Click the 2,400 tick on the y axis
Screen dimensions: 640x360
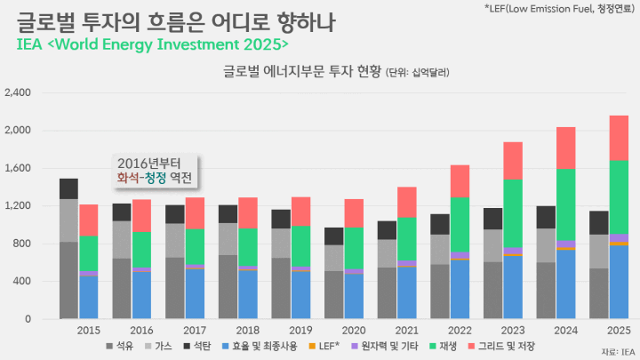(18, 92)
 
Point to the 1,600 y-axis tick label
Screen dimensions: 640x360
(18, 168)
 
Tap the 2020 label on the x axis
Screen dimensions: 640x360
(354, 330)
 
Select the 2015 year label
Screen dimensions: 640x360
(89, 330)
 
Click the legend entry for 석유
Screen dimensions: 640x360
(120, 346)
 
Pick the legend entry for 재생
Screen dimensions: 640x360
(444, 346)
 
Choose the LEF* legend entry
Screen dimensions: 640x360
(324, 346)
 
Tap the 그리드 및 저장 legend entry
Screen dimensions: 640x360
(501, 346)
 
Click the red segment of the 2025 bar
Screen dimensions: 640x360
(619, 138)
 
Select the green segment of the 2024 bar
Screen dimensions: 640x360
(565, 204)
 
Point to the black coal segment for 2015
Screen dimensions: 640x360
(68, 188)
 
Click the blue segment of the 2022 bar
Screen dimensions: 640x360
(460, 289)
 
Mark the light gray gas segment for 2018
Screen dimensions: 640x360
(228, 239)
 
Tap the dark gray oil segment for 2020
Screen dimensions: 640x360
(334, 295)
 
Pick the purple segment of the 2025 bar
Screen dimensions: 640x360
(619, 238)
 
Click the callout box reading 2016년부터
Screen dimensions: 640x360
(155, 171)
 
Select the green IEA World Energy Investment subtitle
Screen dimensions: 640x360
(152, 44)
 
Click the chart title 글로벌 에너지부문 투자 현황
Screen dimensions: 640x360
(302, 71)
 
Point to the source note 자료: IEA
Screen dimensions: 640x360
(618, 352)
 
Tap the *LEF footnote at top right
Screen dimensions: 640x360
(559, 8)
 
